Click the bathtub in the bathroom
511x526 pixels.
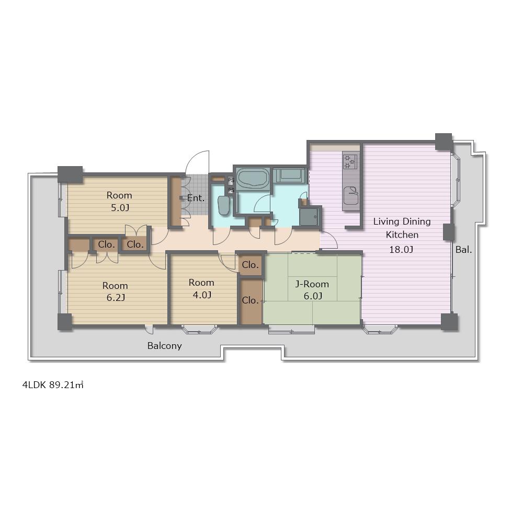click(253, 178)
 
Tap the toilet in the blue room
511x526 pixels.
click(223, 205)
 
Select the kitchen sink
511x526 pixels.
click(351, 195)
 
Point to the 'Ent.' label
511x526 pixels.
click(196, 198)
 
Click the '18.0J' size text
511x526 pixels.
click(401, 250)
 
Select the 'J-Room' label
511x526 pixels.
click(312, 284)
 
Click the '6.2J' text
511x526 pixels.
click(116, 298)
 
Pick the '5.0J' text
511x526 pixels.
click(120, 208)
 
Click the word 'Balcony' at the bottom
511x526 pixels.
click(164, 346)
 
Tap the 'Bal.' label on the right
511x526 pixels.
click(463, 250)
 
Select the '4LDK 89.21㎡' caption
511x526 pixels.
click(53, 385)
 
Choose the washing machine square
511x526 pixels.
click(310, 217)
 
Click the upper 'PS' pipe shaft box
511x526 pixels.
click(231, 180)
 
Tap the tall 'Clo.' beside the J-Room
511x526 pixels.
click(251, 300)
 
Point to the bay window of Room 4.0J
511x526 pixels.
click(200, 330)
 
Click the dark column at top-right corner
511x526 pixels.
click(444, 142)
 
